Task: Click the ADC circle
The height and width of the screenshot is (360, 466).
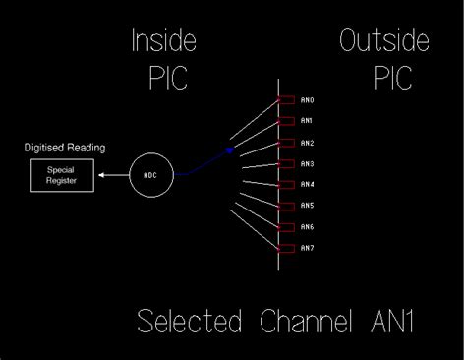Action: pyautogui.click(x=150, y=175)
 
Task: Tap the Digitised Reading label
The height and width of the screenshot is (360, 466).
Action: pyautogui.click(x=65, y=149)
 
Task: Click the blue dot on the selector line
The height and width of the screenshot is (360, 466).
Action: pyautogui.click(x=230, y=150)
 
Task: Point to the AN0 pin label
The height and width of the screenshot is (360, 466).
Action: pyautogui.click(x=307, y=100)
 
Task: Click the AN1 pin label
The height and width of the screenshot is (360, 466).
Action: pyautogui.click(x=307, y=121)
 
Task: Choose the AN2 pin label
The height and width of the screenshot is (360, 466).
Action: pyautogui.click(x=307, y=143)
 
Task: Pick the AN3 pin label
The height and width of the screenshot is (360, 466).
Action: pyautogui.click(x=307, y=163)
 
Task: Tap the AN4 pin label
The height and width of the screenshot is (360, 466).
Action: pyautogui.click(x=307, y=185)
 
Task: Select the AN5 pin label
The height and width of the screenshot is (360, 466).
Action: pyautogui.click(x=307, y=206)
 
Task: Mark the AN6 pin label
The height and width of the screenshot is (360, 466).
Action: pyautogui.click(x=307, y=227)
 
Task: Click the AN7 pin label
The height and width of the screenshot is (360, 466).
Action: pyautogui.click(x=307, y=248)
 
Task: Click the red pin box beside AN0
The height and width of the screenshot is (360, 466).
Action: pyautogui.click(x=286, y=100)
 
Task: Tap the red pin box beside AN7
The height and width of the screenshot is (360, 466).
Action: pyautogui.click(x=286, y=248)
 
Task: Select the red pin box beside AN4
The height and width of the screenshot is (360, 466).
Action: pyautogui.click(x=286, y=185)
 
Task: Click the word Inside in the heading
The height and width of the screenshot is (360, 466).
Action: pyautogui.click(x=164, y=41)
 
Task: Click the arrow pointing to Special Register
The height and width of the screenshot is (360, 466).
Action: pyautogui.click(x=112, y=176)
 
